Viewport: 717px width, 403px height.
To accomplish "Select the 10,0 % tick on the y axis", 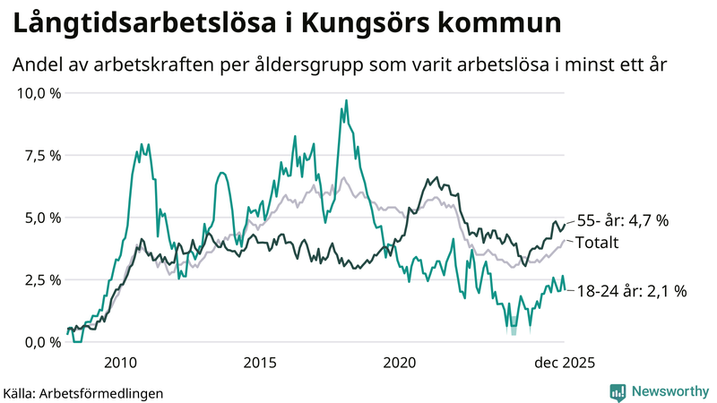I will [x=37, y=93].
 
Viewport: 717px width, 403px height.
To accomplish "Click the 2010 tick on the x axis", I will [x=120, y=363].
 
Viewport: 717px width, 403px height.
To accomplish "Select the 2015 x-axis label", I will [x=260, y=363].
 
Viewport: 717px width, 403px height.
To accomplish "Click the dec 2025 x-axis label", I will [x=565, y=363].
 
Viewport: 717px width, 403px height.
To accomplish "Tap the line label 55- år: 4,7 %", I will [x=623, y=220].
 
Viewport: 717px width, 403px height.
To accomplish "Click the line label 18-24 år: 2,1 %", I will [x=631, y=290].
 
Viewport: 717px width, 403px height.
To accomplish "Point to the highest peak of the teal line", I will [x=346, y=101].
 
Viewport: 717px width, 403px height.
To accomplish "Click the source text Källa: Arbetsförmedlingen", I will [x=83, y=393].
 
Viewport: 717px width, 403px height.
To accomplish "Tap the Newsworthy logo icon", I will [x=618, y=391].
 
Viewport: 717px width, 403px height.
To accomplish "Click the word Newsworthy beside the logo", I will [x=669, y=391].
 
